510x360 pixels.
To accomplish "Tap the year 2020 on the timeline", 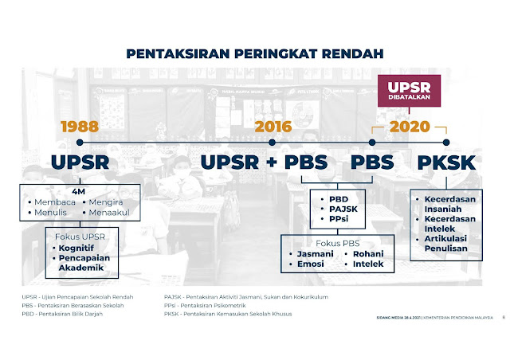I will coord(410,126).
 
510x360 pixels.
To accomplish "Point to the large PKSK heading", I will coord(446,162).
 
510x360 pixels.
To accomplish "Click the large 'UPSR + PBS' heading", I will coord(264,162).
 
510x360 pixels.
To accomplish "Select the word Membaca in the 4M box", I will coord(54,202).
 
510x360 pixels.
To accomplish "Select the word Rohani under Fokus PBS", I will coord(368,253).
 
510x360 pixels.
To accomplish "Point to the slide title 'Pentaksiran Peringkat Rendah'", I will coord(255,53).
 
